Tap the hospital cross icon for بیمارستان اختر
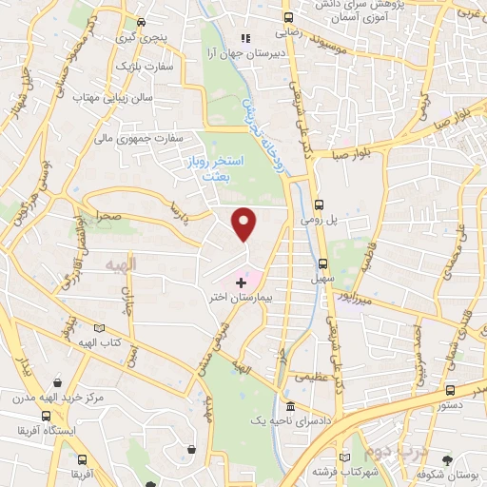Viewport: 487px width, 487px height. pos(241,282)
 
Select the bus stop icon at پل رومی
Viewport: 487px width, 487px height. pos(321,204)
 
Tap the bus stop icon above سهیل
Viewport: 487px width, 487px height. pos(321,264)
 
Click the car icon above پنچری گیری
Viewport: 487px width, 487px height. pos(141,21)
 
